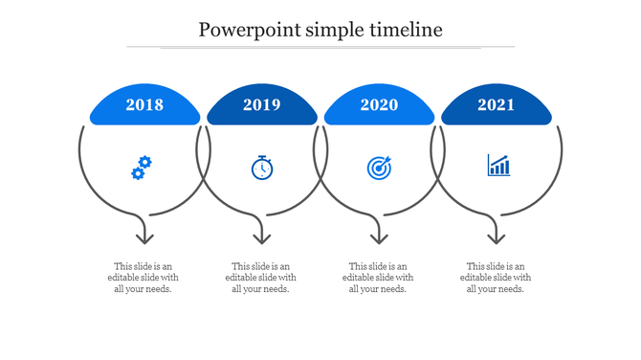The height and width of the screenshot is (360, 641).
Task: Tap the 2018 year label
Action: pos(144,105)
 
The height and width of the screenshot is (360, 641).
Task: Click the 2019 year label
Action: pos(262,105)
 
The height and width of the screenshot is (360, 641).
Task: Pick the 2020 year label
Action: pos(379,105)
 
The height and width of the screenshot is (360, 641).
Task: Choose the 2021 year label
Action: pos(497,105)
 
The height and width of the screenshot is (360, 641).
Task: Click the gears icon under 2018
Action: pos(142,168)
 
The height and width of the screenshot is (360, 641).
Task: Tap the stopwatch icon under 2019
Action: pos(262,168)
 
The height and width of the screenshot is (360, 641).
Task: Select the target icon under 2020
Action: pos(379,168)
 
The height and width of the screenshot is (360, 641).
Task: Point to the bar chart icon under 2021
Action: pos(498,166)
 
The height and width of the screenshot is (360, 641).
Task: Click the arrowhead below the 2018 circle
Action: pos(144,236)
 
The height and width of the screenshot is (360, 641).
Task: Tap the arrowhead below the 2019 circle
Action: pos(261,236)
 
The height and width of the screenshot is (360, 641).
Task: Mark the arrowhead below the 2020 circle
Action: pos(379,236)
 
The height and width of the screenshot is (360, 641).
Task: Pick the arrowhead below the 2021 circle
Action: pos(496,236)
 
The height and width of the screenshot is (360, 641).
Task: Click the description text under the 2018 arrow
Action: pos(144,278)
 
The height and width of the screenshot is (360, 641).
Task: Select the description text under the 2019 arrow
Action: pos(261,278)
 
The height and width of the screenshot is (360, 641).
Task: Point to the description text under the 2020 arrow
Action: pos(378,278)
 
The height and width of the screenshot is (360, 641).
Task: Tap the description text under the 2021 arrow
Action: pos(496,278)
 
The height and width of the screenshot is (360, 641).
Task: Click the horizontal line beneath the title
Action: pos(320,46)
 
